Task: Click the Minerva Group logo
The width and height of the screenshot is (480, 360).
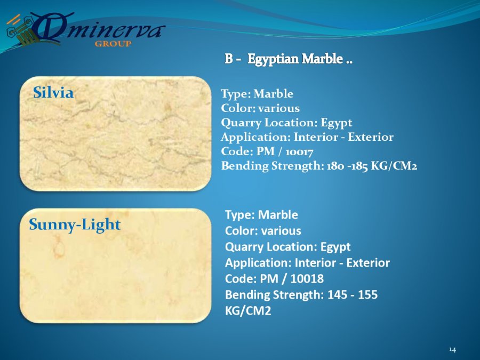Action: tap(86, 30)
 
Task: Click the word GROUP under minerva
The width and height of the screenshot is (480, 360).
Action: tap(113, 44)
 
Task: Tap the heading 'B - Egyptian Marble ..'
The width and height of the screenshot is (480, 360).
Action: tap(289, 59)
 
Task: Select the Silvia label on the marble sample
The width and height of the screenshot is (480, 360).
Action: tap(53, 92)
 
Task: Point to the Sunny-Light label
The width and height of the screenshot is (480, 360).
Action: tap(75, 225)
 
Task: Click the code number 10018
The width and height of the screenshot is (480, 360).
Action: tap(307, 278)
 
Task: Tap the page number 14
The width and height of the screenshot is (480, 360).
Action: tap(452, 349)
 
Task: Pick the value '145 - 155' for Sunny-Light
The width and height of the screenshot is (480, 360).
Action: tap(353, 294)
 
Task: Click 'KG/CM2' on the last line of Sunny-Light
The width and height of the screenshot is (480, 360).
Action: tap(248, 311)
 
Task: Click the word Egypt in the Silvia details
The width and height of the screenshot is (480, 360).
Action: tap(336, 123)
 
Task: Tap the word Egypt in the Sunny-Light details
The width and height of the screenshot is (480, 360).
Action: tap(335, 247)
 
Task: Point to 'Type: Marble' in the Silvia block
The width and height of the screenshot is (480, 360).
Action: tap(257, 94)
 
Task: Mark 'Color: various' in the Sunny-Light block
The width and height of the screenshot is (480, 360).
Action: tap(263, 231)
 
